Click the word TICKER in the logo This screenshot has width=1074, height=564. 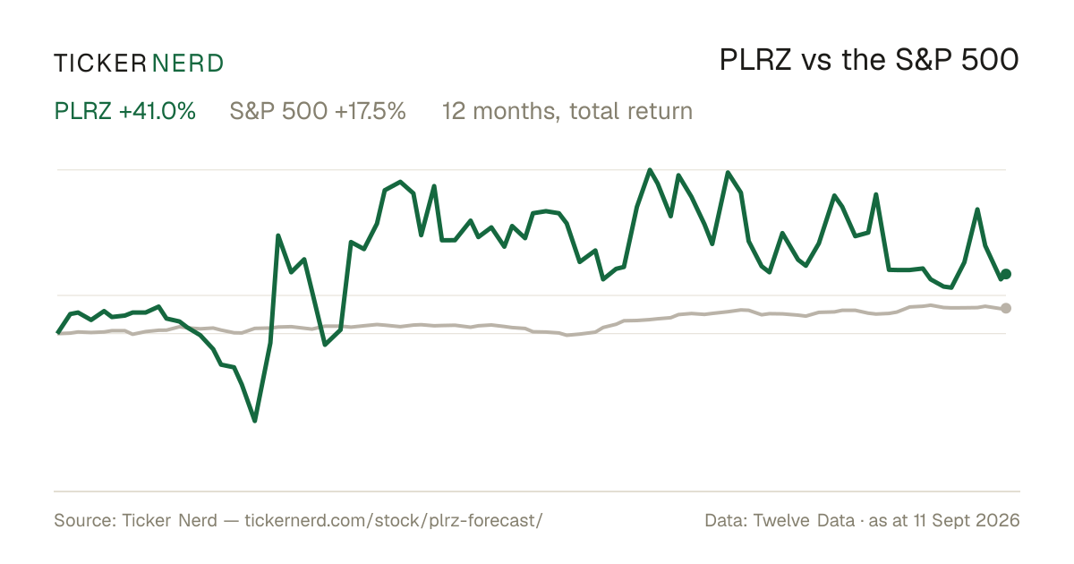pos(99,64)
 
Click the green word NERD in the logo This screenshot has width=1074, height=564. pos(187,64)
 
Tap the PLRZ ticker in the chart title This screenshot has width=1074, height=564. pos(755,60)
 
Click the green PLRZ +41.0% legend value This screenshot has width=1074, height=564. pos(124,111)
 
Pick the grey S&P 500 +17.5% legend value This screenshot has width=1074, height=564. pos(318,111)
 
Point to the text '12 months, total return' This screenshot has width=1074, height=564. pos(567,111)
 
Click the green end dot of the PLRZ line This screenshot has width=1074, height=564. pos(1006,274)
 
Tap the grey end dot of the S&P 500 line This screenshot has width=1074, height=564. pos(1006,308)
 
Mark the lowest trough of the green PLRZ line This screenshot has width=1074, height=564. pos(254,421)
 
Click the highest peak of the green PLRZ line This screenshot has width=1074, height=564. pos(650,170)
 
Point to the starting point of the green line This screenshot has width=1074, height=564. pos(58,332)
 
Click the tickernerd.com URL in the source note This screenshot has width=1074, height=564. pos(394,520)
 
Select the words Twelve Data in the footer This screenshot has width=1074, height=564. pos(804,520)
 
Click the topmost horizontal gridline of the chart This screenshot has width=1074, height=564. pos(532,170)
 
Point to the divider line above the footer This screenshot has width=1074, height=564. pos(537,491)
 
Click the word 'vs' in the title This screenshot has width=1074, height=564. pos(816,63)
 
